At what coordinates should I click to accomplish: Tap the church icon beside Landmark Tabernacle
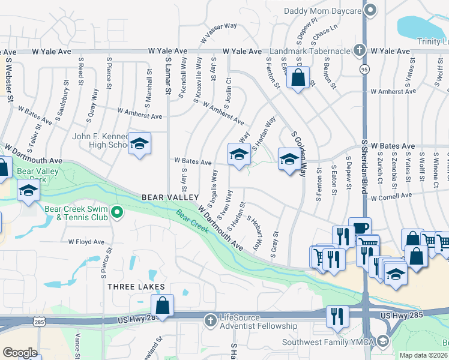[359, 50]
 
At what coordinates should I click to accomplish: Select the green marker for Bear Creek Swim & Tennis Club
[117, 212]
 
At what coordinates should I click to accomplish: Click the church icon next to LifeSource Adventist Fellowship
[209, 320]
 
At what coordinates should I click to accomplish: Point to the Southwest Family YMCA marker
[383, 341]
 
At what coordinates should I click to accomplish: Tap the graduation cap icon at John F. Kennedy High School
[139, 143]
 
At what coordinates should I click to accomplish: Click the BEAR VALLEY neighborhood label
[170, 197]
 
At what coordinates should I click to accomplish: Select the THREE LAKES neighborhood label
[136, 287]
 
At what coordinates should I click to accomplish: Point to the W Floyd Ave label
[86, 242]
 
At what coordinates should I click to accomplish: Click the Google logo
[20, 353]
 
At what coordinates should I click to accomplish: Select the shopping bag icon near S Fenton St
[297, 77]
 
